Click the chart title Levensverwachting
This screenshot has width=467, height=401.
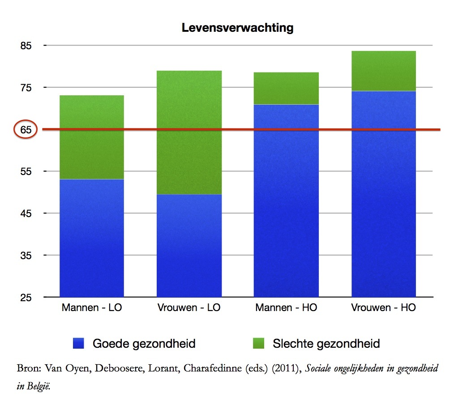click(x=237, y=28)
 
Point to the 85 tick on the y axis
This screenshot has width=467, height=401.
click(x=26, y=46)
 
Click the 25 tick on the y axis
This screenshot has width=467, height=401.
click(x=26, y=298)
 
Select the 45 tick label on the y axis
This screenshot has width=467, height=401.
click(x=26, y=213)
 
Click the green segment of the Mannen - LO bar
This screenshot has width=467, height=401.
click(x=92, y=137)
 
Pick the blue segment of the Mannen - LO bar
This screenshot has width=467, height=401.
click(x=92, y=238)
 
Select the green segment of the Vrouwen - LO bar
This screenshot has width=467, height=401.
click(x=189, y=132)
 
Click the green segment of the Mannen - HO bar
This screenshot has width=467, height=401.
click(x=286, y=88)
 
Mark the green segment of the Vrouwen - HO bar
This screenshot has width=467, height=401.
click(x=384, y=71)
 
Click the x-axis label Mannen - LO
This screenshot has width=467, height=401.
click(x=92, y=308)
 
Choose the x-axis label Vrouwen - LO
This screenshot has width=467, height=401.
click(x=189, y=308)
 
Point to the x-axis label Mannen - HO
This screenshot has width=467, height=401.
click(x=286, y=308)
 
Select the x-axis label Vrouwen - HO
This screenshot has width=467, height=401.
click(x=384, y=308)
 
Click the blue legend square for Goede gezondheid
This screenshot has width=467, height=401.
click(x=78, y=343)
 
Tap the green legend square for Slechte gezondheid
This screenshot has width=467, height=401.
click(x=258, y=343)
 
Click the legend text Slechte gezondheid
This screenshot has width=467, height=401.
click(x=326, y=344)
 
